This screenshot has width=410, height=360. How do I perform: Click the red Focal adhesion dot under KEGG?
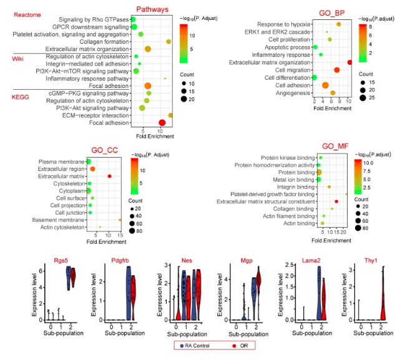162,122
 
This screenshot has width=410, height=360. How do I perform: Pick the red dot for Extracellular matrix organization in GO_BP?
349,62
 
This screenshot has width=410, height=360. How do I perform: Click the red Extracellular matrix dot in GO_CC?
110,177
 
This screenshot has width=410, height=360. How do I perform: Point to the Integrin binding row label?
295,187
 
